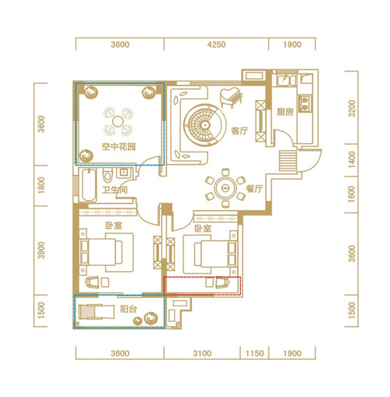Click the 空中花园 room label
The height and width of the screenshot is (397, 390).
coord(119,147)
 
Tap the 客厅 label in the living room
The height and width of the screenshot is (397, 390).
coord(239,131)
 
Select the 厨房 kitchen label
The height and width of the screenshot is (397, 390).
coord(285,112)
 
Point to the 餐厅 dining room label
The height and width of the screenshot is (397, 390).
coord(254,188)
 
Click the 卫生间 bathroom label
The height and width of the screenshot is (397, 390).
coord(115,190)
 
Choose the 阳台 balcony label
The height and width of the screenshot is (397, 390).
coord(129,309)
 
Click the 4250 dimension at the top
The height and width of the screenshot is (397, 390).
coord(216,45)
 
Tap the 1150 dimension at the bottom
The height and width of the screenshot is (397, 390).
coord(254,353)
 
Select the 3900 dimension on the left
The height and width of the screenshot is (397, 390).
coord(41,250)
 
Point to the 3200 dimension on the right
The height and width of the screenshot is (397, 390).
coord(352,109)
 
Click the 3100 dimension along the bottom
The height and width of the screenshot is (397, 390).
coord(202,353)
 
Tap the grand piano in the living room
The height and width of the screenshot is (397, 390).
coord(231,97)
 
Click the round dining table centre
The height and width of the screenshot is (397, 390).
coord(225,188)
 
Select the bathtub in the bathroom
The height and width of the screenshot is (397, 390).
coord(89,184)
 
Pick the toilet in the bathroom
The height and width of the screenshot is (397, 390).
coord(107,175)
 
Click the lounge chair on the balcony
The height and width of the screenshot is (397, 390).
coord(97,312)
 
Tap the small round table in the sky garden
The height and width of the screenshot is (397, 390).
coord(118,121)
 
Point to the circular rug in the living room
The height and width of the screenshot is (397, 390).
coord(204,125)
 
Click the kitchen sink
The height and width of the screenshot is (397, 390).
coord(286,80)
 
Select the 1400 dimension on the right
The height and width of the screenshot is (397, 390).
coord(352,159)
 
